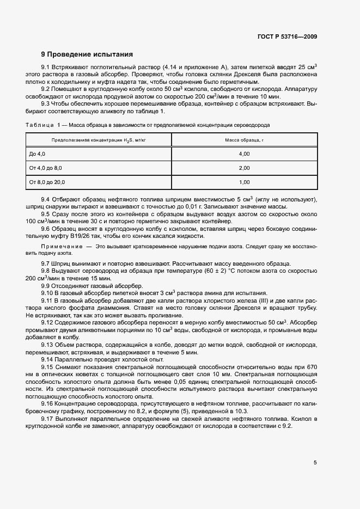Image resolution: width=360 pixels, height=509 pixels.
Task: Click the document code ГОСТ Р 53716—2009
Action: (287, 37)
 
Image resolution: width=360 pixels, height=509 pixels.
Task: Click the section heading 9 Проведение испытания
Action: (87, 54)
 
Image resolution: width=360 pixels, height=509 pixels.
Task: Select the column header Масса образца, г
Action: (245, 140)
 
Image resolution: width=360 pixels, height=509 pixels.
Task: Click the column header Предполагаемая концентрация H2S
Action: (99, 140)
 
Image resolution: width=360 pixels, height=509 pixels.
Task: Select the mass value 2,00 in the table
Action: (244, 168)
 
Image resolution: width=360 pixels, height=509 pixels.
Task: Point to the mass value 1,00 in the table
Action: (244, 182)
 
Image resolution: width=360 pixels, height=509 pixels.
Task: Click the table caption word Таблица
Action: (38, 125)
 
